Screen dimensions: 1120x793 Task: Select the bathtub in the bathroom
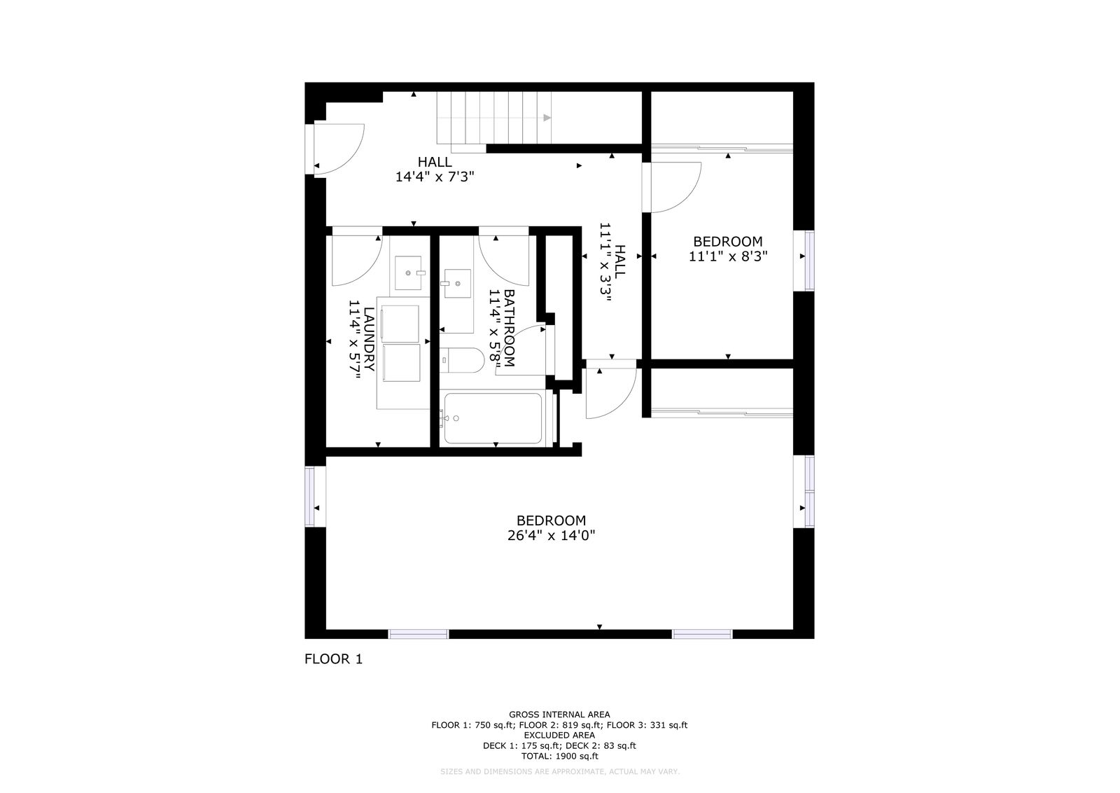493,418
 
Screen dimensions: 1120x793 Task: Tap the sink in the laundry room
408,273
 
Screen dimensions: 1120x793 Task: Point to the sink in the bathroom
458,283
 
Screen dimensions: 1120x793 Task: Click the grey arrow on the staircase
547,118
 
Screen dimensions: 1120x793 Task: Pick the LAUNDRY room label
368,339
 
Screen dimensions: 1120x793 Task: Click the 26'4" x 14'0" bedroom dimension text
551,536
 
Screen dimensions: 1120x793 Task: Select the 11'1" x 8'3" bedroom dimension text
728,256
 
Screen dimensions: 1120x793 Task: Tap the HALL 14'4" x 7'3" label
435,169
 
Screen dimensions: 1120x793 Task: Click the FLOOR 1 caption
333,659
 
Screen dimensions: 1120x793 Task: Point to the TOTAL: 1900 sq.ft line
559,756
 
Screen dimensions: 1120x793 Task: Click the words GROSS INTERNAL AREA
559,715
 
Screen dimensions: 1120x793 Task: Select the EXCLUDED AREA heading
559,735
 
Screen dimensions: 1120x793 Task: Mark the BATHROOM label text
508,328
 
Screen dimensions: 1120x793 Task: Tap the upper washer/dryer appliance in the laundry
400,324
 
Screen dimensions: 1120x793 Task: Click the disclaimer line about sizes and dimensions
559,772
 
